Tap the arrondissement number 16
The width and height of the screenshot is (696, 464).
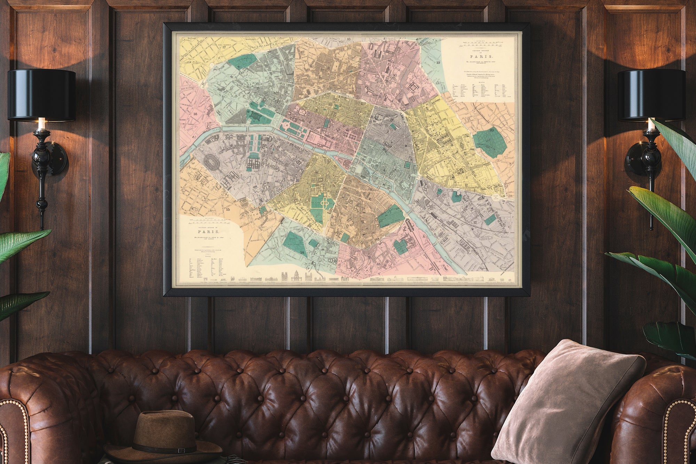click(x=195, y=113)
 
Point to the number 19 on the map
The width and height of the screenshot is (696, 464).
click(x=438, y=63)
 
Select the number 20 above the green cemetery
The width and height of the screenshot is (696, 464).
click(x=491, y=130)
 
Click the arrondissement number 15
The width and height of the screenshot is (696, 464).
click(x=228, y=210)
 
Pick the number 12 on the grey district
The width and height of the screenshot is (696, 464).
click(x=474, y=222)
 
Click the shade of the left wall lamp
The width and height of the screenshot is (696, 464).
click(x=41, y=95)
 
